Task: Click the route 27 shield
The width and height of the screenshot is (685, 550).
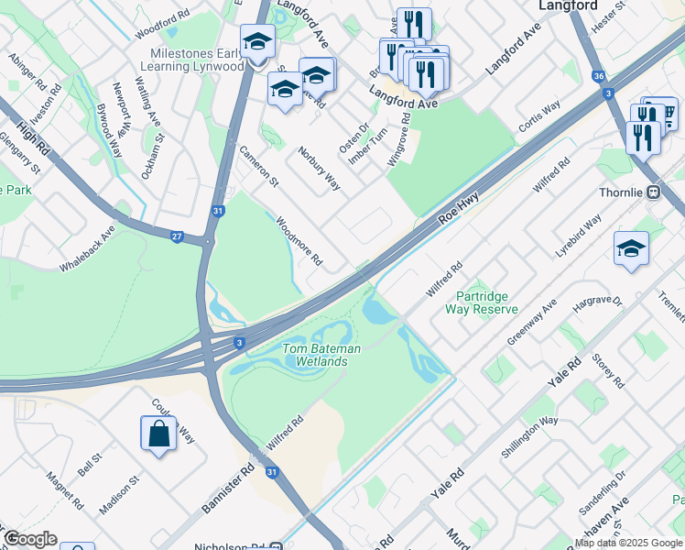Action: tap(176, 236)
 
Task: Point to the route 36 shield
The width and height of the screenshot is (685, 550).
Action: tap(598, 77)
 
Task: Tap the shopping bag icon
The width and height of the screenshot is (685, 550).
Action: tap(158, 434)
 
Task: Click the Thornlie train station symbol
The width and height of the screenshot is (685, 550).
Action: tap(654, 193)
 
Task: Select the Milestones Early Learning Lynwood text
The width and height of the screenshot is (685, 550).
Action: tap(197, 60)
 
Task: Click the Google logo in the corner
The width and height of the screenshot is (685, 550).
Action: tap(29, 539)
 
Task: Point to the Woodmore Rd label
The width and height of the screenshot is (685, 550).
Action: tap(299, 241)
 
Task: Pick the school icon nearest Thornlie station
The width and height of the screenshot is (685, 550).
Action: tap(631, 249)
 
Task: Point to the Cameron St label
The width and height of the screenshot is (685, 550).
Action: tap(258, 166)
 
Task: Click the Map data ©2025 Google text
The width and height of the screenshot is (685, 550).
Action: tap(628, 543)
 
